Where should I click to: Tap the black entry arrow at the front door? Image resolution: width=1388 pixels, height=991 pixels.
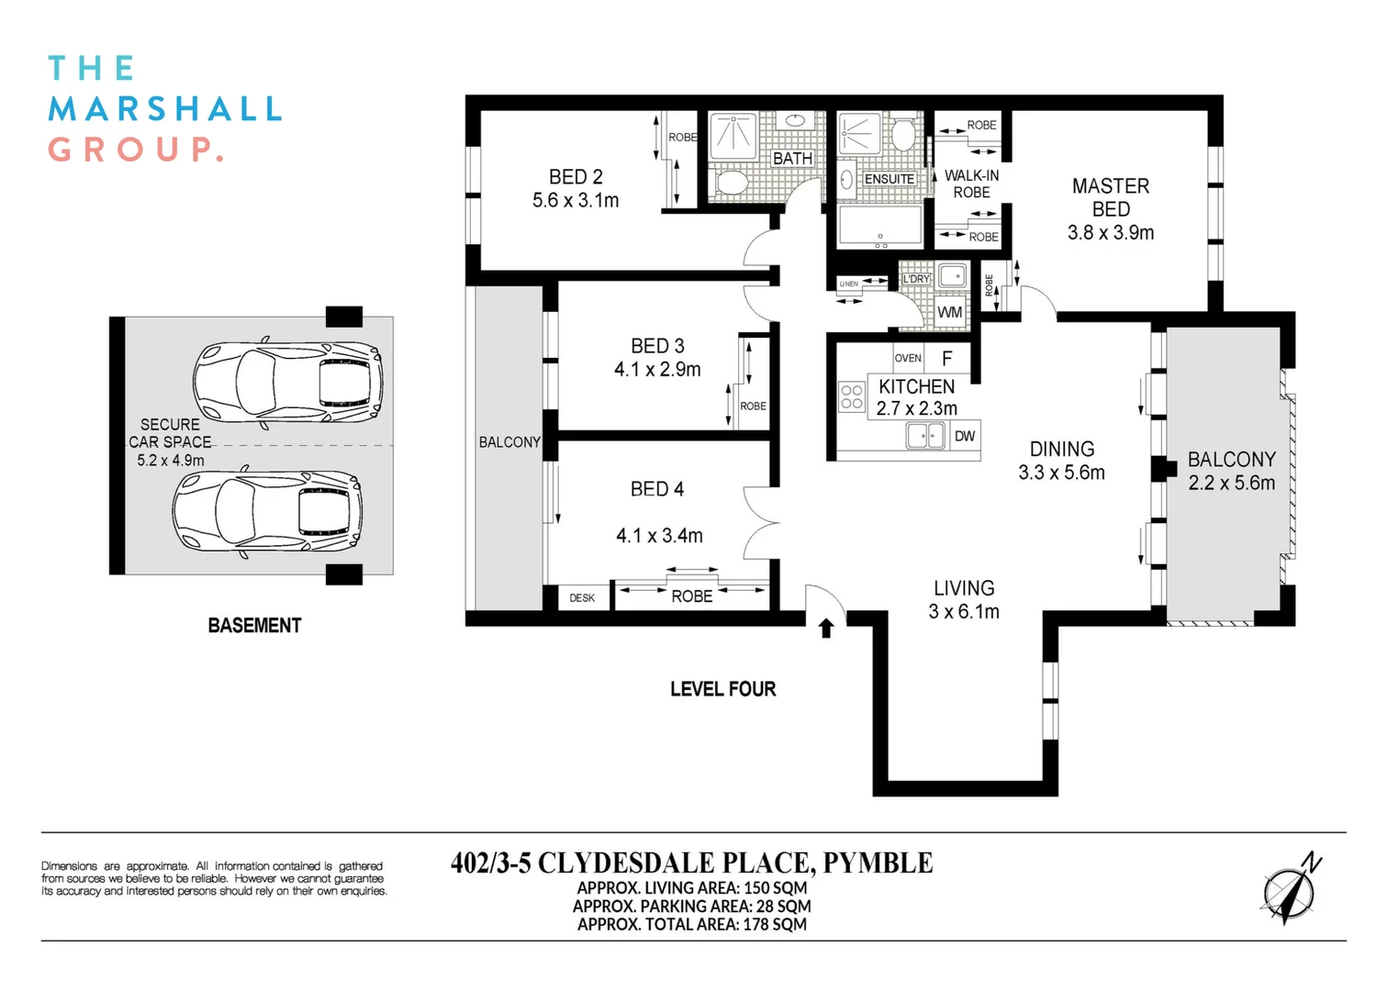click(825, 628)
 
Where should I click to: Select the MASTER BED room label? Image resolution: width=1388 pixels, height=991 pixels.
click(1111, 197)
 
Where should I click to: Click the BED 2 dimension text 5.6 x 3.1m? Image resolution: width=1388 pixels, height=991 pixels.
click(576, 200)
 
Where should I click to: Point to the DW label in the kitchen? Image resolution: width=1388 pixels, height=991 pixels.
click(965, 437)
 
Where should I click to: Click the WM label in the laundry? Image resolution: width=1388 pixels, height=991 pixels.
click(950, 312)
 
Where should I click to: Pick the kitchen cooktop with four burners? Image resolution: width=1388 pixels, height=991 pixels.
click(852, 396)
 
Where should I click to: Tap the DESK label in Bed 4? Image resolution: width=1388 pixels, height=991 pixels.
click(582, 598)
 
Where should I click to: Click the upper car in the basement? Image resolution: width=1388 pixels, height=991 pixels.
click(287, 382)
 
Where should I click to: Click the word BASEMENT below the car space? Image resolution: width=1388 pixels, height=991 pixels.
click(254, 626)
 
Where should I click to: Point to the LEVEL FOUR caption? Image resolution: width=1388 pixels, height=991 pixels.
click(722, 689)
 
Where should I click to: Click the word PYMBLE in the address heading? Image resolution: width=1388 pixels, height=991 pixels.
click(878, 863)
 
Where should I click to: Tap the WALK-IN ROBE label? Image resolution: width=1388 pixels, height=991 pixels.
click(971, 184)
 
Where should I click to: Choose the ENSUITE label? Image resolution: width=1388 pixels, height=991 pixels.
click(889, 179)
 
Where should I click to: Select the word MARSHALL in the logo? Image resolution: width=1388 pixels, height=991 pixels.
click(164, 109)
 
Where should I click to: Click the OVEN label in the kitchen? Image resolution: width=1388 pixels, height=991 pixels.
click(907, 359)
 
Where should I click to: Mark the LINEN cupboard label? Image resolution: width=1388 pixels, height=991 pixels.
click(849, 284)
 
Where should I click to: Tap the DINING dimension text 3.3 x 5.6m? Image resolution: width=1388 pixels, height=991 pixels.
click(1061, 473)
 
